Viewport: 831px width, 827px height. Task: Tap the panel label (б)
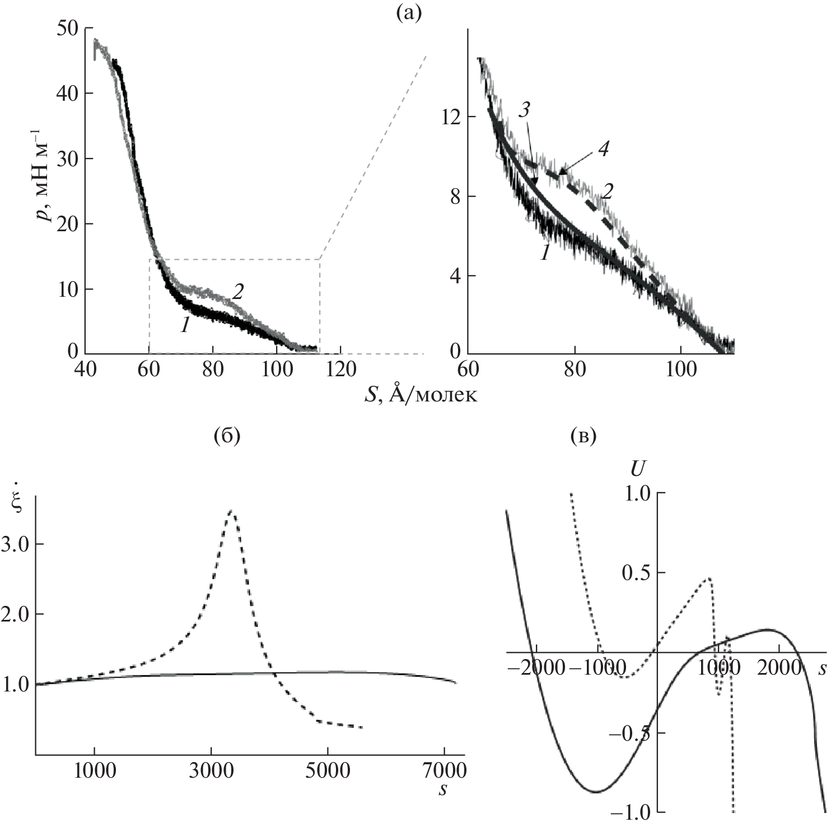point(227,436)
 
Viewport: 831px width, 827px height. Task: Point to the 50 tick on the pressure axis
point(68,27)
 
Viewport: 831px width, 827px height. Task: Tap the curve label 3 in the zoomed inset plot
point(524,110)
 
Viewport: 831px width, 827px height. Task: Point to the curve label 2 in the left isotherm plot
point(237,292)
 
